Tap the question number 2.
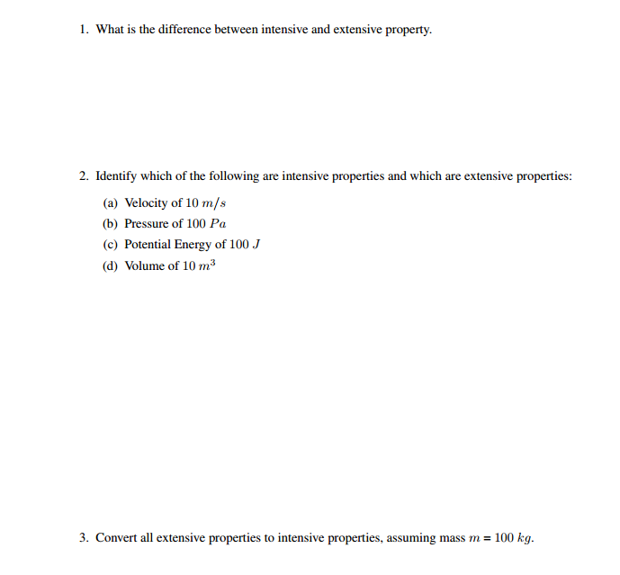(x=82, y=176)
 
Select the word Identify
(x=115, y=176)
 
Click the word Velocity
(x=146, y=203)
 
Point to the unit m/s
(x=212, y=203)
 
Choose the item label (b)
(x=111, y=224)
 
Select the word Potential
(x=148, y=245)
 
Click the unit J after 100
(x=256, y=245)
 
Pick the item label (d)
(x=111, y=266)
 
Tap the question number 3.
(x=82, y=538)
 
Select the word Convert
(x=117, y=538)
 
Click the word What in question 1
(x=110, y=30)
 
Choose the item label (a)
(x=111, y=203)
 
